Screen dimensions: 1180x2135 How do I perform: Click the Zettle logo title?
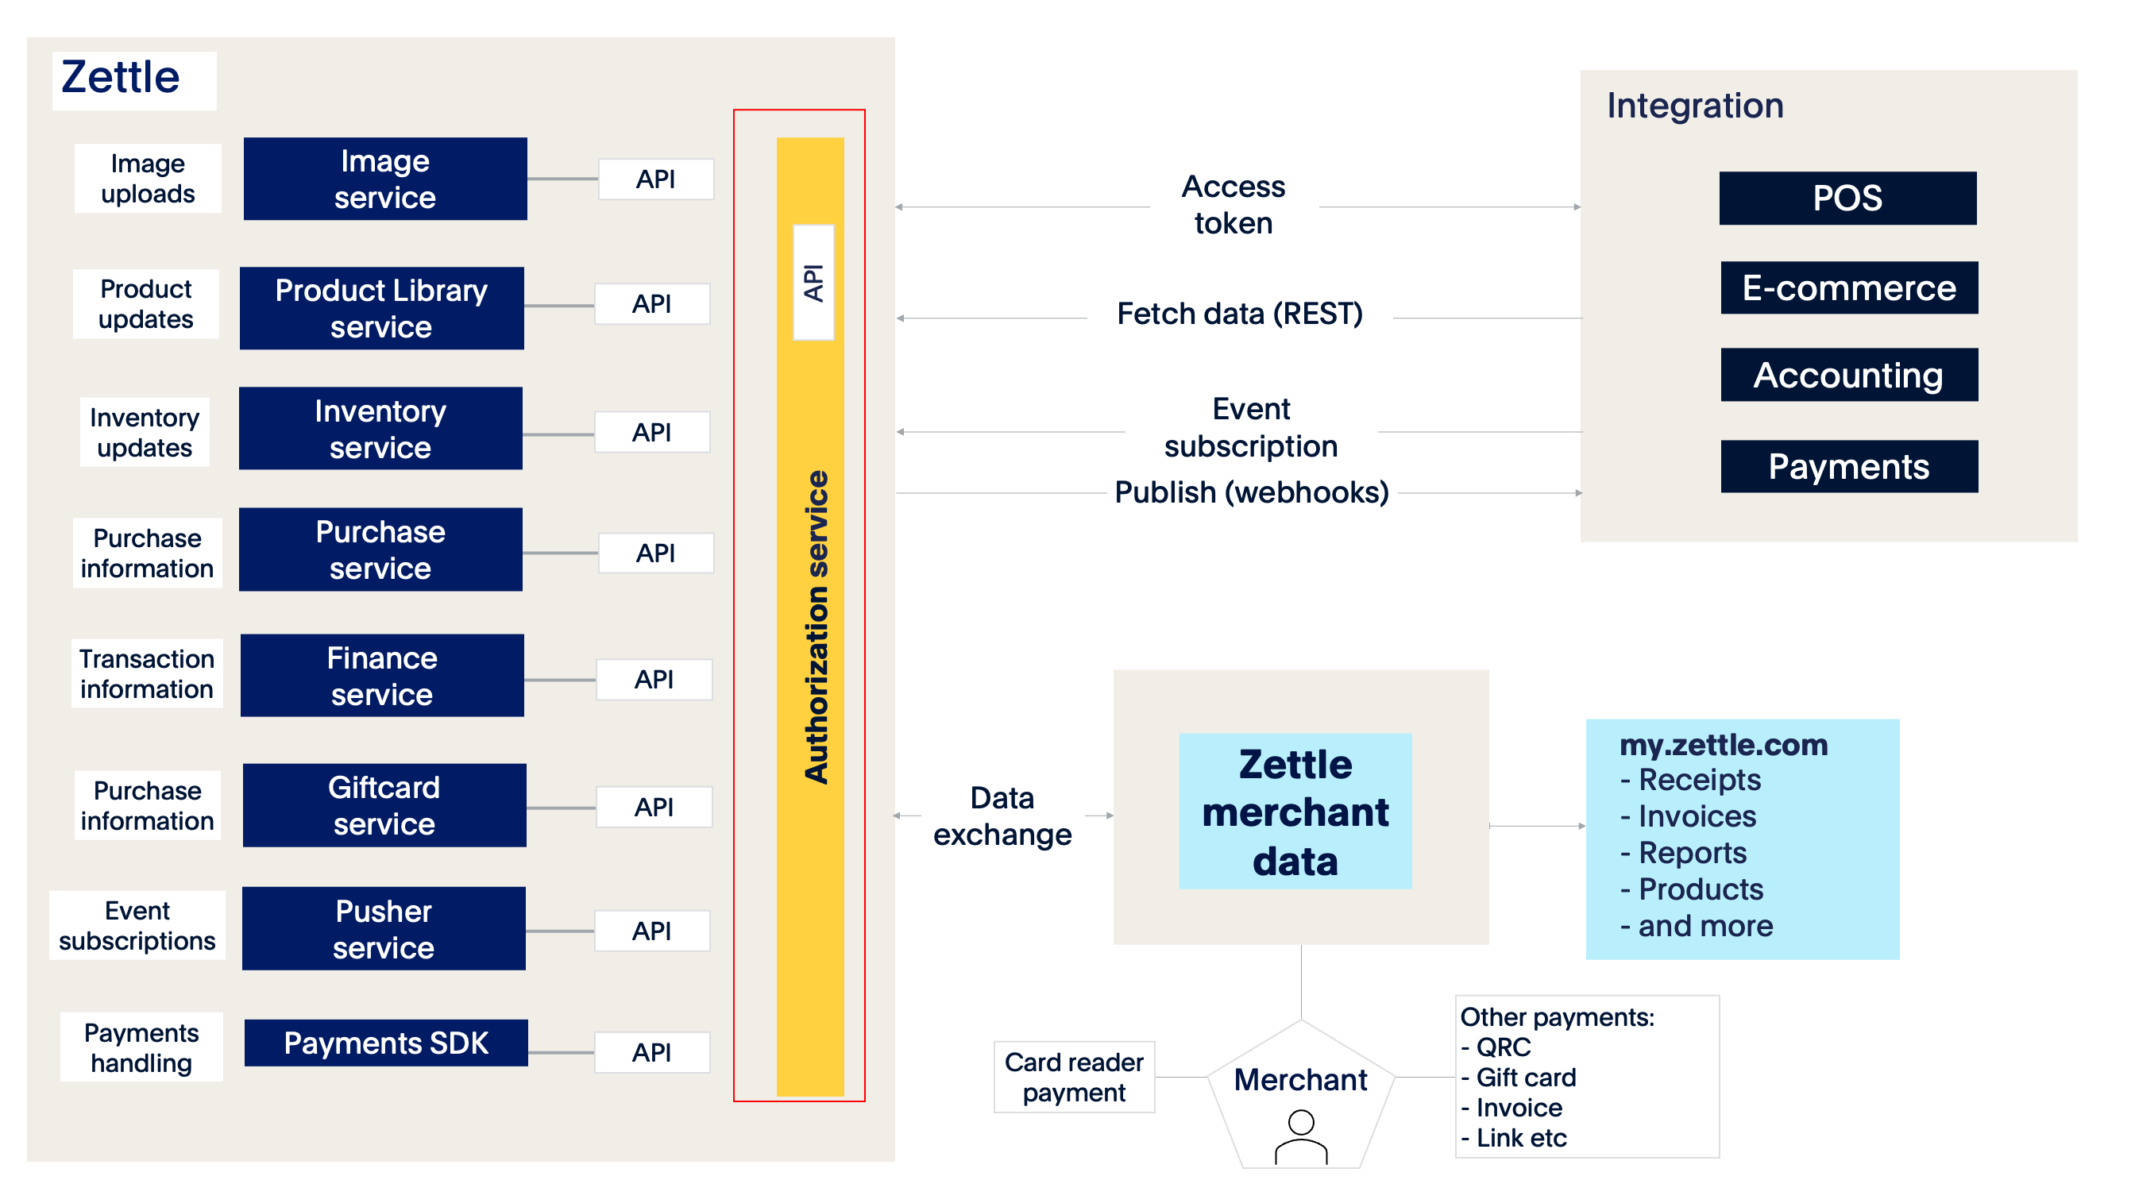pos(121,79)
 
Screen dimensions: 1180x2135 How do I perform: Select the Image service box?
pos(384,179)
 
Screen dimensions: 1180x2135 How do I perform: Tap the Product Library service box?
pos(381,308)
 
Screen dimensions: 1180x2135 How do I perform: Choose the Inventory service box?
pos(380,430)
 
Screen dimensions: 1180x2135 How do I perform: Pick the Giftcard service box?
pos(384,805)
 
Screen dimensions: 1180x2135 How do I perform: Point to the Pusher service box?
pos(383,929)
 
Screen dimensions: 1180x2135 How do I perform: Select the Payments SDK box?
pos(385,1043)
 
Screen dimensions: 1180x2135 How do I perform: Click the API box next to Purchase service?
pos(654,553)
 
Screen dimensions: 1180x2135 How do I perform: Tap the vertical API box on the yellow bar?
pos(813,283)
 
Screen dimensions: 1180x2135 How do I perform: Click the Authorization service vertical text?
pos(817,627)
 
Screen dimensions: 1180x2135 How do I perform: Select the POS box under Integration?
pos(1847,198)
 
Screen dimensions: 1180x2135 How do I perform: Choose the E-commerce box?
pos(1849,288)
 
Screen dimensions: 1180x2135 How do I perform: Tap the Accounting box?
pos(1849,376)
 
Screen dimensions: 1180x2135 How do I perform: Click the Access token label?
pos(1234,205)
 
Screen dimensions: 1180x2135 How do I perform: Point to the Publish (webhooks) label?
pos(1252,493)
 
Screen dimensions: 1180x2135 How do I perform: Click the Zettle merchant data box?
pos(1295,812)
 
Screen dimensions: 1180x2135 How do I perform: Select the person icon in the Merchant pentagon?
pos(1301,1137)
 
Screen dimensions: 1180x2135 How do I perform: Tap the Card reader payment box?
pos(1074,1078)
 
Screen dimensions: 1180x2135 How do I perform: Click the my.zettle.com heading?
pos(1724,745)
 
